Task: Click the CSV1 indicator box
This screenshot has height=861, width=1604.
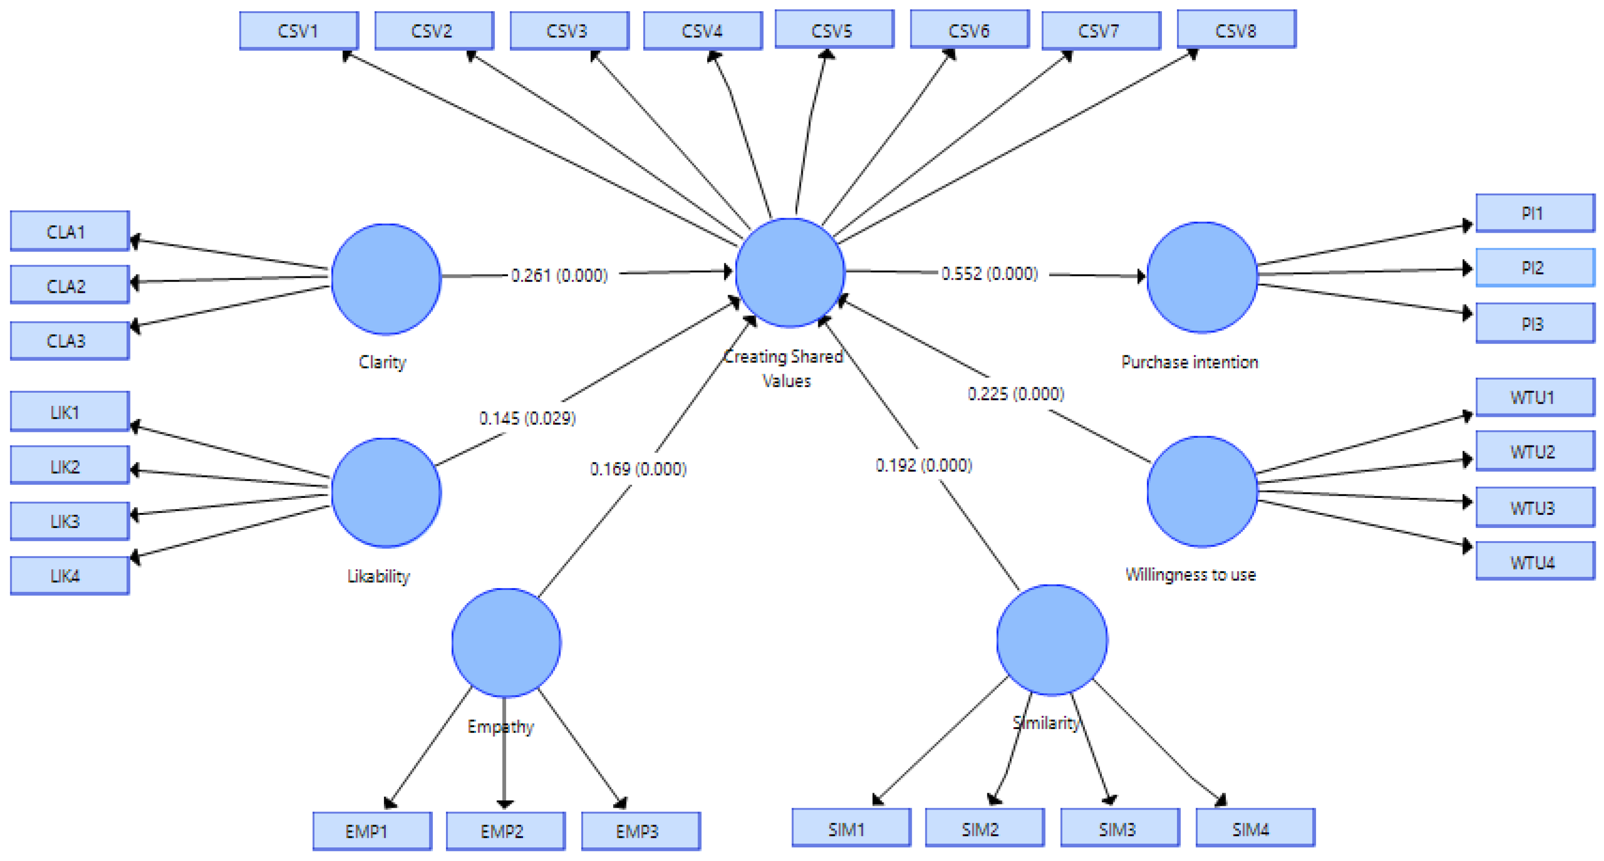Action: (x=299, y=31)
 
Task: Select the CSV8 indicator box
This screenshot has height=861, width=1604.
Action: (x=1237, y=29)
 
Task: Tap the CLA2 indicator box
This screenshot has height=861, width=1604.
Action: (x=70, y=285)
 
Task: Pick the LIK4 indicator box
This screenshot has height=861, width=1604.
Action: (x=70, y=575)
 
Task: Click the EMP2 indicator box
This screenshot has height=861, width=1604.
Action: (x=506, y=831)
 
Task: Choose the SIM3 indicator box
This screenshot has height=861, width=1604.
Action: (x=1120, y=828)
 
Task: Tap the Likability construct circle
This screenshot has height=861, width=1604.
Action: (x=386, y=493)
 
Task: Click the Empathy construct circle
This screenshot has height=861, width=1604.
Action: (x=506, y=642)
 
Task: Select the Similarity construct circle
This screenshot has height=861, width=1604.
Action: (x=1052, y=640)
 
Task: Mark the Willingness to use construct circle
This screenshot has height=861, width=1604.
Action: (x=1202, y=492)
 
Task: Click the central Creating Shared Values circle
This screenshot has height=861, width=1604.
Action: (x=790, y=272)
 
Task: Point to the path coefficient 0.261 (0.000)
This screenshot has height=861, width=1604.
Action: (x=559, y=275)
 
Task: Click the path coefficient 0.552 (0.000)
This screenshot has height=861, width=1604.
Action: (x=989, y=273)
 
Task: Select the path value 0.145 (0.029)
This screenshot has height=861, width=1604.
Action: (x=527, y=418)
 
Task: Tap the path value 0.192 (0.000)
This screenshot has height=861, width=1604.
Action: (x=924, y=465)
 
